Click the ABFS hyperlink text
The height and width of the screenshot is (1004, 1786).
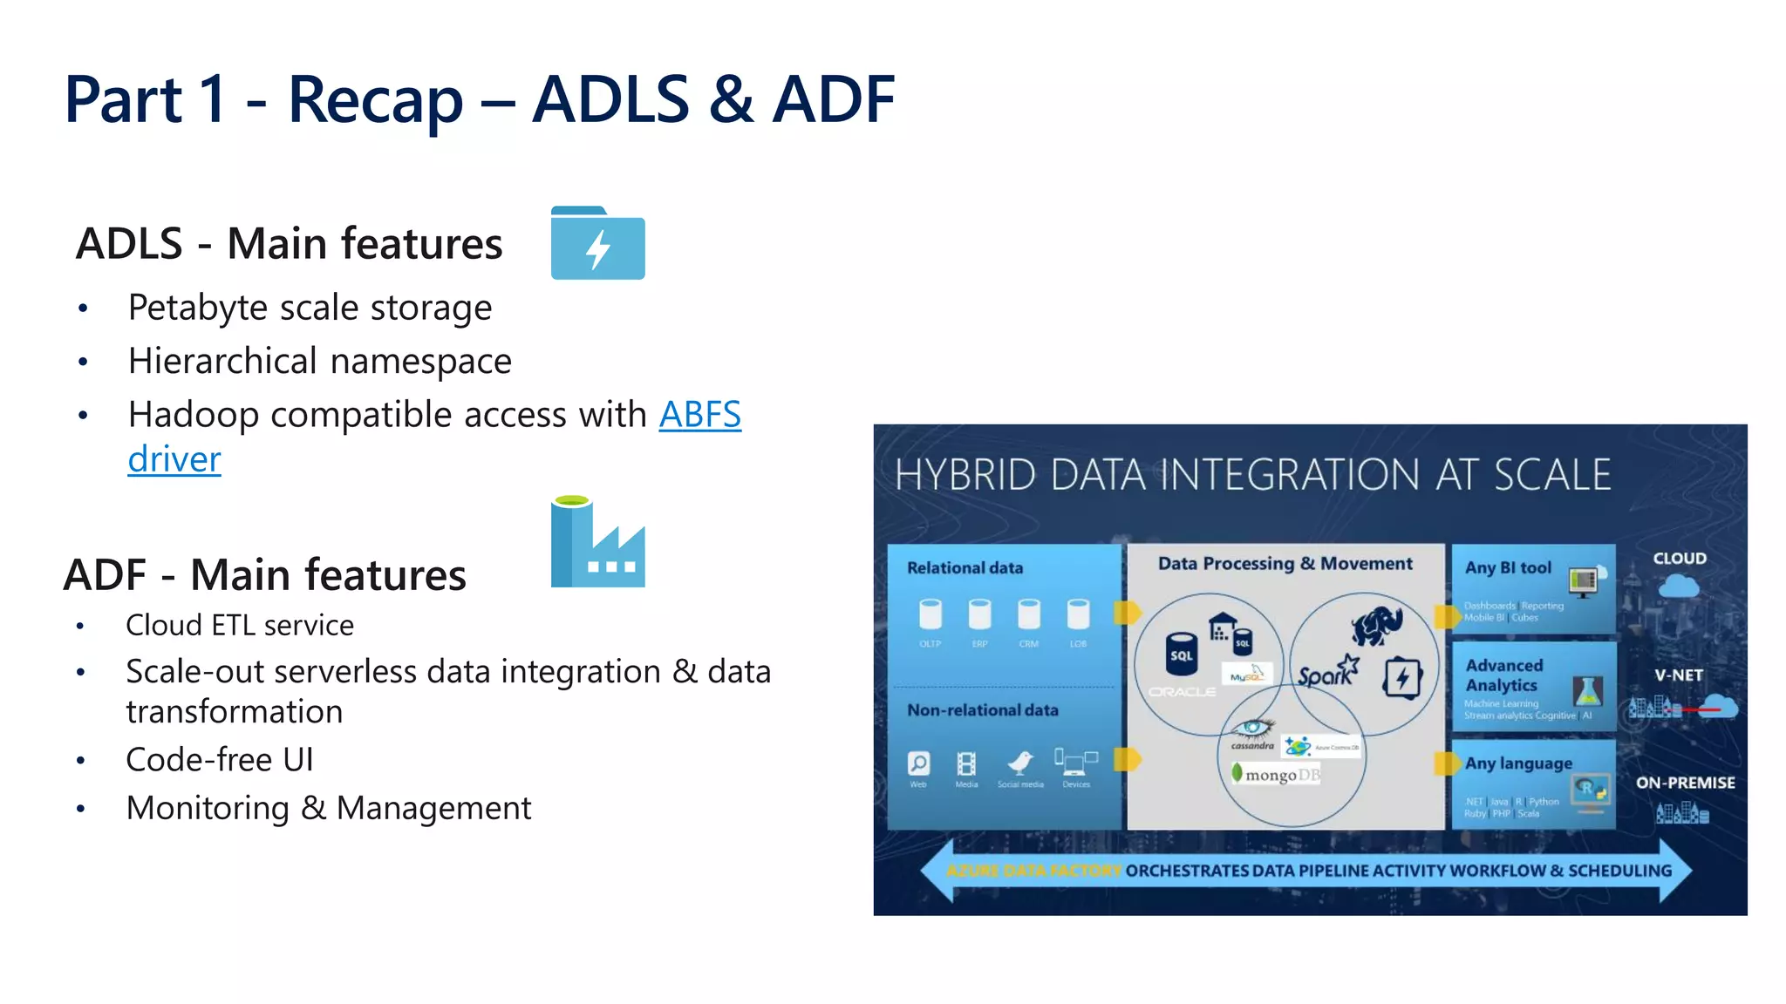click(x=699, y=415)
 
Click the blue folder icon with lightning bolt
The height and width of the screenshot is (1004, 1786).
click(x=597, y=243)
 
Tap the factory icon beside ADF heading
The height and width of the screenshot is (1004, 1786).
click(x=597, y=542)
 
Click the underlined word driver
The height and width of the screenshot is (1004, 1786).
click(x=174, y=459)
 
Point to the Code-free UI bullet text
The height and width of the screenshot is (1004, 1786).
click(x=219, y=760)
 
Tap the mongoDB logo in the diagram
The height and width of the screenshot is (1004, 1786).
click(x=1277, y=774)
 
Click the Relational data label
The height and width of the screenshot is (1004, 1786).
click(x=965, y=568)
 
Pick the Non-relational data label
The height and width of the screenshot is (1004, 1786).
click(x=982, y=710)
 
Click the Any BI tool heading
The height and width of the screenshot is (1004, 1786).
click(x=1508, y=568)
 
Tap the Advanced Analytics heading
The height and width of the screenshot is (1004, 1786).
click(x=1503, y=675)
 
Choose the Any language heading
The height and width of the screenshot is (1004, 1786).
click(x=1518, y=763)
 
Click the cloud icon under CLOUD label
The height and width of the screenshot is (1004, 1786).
click(x=1678, y=587)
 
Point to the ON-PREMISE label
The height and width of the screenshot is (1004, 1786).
click(x=1685, y=783)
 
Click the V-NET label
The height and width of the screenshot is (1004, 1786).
click(x=1679, y=675)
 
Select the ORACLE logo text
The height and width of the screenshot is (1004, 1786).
click(x=1182, y=692)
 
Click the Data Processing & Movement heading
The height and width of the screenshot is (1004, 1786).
click(x=1285, y=564)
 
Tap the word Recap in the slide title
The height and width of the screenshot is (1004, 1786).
click(x=375, y=100)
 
